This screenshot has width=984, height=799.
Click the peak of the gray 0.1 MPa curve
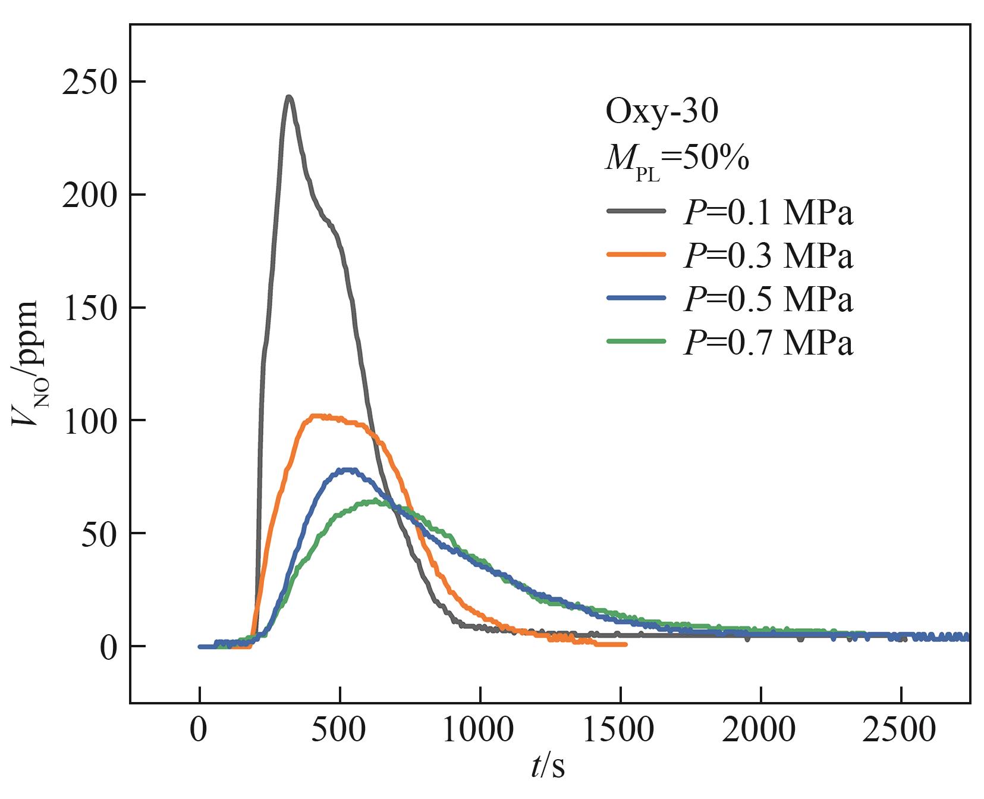pos(288,97)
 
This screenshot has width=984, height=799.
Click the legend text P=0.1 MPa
pos(768,212)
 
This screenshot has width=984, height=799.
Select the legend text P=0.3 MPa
pos(768,255)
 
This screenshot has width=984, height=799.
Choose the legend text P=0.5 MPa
pos(768,299)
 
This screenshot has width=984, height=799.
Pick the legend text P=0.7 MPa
pos(768,342)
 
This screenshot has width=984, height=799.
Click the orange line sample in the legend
pos(636,254)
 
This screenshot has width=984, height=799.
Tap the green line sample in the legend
pos(636,341)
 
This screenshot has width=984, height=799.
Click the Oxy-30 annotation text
pos(662,111)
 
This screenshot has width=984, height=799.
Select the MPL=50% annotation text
pos(677,159)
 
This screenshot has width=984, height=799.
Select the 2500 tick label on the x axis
pos(900,729)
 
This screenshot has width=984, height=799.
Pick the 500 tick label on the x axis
pos(339,729)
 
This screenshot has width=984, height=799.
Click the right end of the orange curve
pos(625,644)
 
